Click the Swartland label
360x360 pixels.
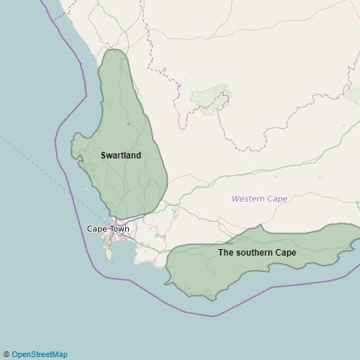coord(121,156)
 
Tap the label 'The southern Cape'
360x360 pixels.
coord(257,253)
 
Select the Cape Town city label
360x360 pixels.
coord(108,229)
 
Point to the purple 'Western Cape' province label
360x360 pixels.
coord(259,199)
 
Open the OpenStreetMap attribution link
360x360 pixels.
coord(40,354)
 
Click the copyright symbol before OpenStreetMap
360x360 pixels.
coord(6,354)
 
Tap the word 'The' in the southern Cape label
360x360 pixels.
coord(226,253)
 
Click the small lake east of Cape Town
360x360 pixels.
coord(174,214)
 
